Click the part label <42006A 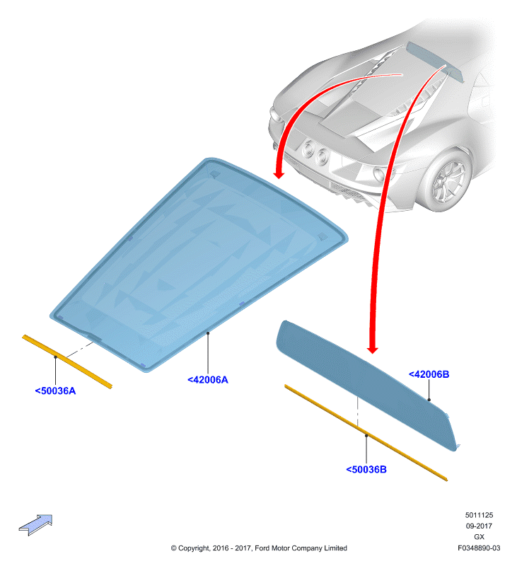[x=208, y=380]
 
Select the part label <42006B [x=429, y=374]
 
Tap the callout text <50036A [x=55, y=391]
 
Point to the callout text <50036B [x=366, y=469]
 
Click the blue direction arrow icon [x=36, y=524]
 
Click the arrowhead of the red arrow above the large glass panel [x=279, y=175]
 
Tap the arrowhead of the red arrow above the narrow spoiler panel [x=372, y=350]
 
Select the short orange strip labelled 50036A [x=67, y=362]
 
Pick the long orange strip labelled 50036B [x=366, y=433]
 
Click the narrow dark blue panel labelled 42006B [x=364, y=383]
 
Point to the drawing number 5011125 [x=479, y=515]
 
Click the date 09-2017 [x=479, y=526]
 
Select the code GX [x=479, y=537]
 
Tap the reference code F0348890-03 [x=479, y=548]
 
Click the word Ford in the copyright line [x=262, y=548]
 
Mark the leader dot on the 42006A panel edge [x=208, y=333]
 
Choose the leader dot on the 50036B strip [x=366, y=435]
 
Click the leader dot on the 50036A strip [x=56, y=357]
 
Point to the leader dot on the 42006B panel [x=429, y=400]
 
